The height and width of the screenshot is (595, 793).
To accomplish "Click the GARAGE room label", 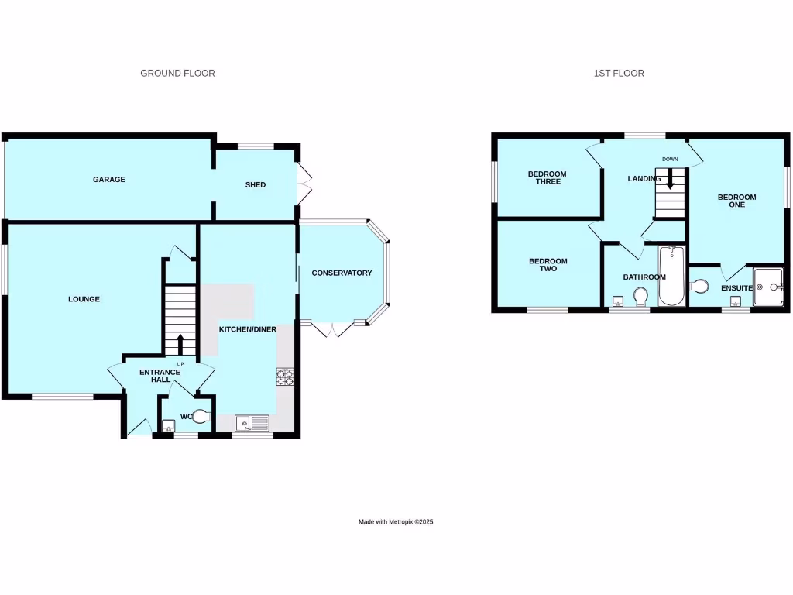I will coord(109,180).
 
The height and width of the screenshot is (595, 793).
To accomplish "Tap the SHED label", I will coord(256,185).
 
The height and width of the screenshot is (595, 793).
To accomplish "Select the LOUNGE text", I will coord(84,299).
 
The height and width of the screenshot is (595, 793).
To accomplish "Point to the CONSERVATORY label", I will coord(342,273).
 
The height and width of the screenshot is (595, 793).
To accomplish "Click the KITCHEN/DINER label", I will coord(248,330).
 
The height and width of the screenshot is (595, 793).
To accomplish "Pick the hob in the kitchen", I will coord(285,377).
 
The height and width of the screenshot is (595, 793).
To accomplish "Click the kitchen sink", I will coord(252,423).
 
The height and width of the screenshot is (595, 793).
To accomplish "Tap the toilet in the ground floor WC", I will coord(201,417).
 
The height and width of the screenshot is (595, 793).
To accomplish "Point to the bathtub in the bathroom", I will coord(671,277).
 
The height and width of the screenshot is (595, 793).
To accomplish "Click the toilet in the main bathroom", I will coord(640,297).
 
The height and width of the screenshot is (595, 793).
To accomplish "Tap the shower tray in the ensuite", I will coord(769,287).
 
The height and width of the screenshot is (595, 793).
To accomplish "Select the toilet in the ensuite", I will coord(699,287).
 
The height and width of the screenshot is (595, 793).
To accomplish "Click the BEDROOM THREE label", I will coord(547,177).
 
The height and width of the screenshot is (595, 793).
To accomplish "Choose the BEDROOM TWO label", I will coord(548,265).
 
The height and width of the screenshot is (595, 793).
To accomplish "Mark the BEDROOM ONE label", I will coord(736,201).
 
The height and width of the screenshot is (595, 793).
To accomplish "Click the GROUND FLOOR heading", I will coord(177,74).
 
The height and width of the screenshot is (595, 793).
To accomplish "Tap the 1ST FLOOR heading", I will coord(619,74).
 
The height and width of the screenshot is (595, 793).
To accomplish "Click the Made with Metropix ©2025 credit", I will coord(396,522).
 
